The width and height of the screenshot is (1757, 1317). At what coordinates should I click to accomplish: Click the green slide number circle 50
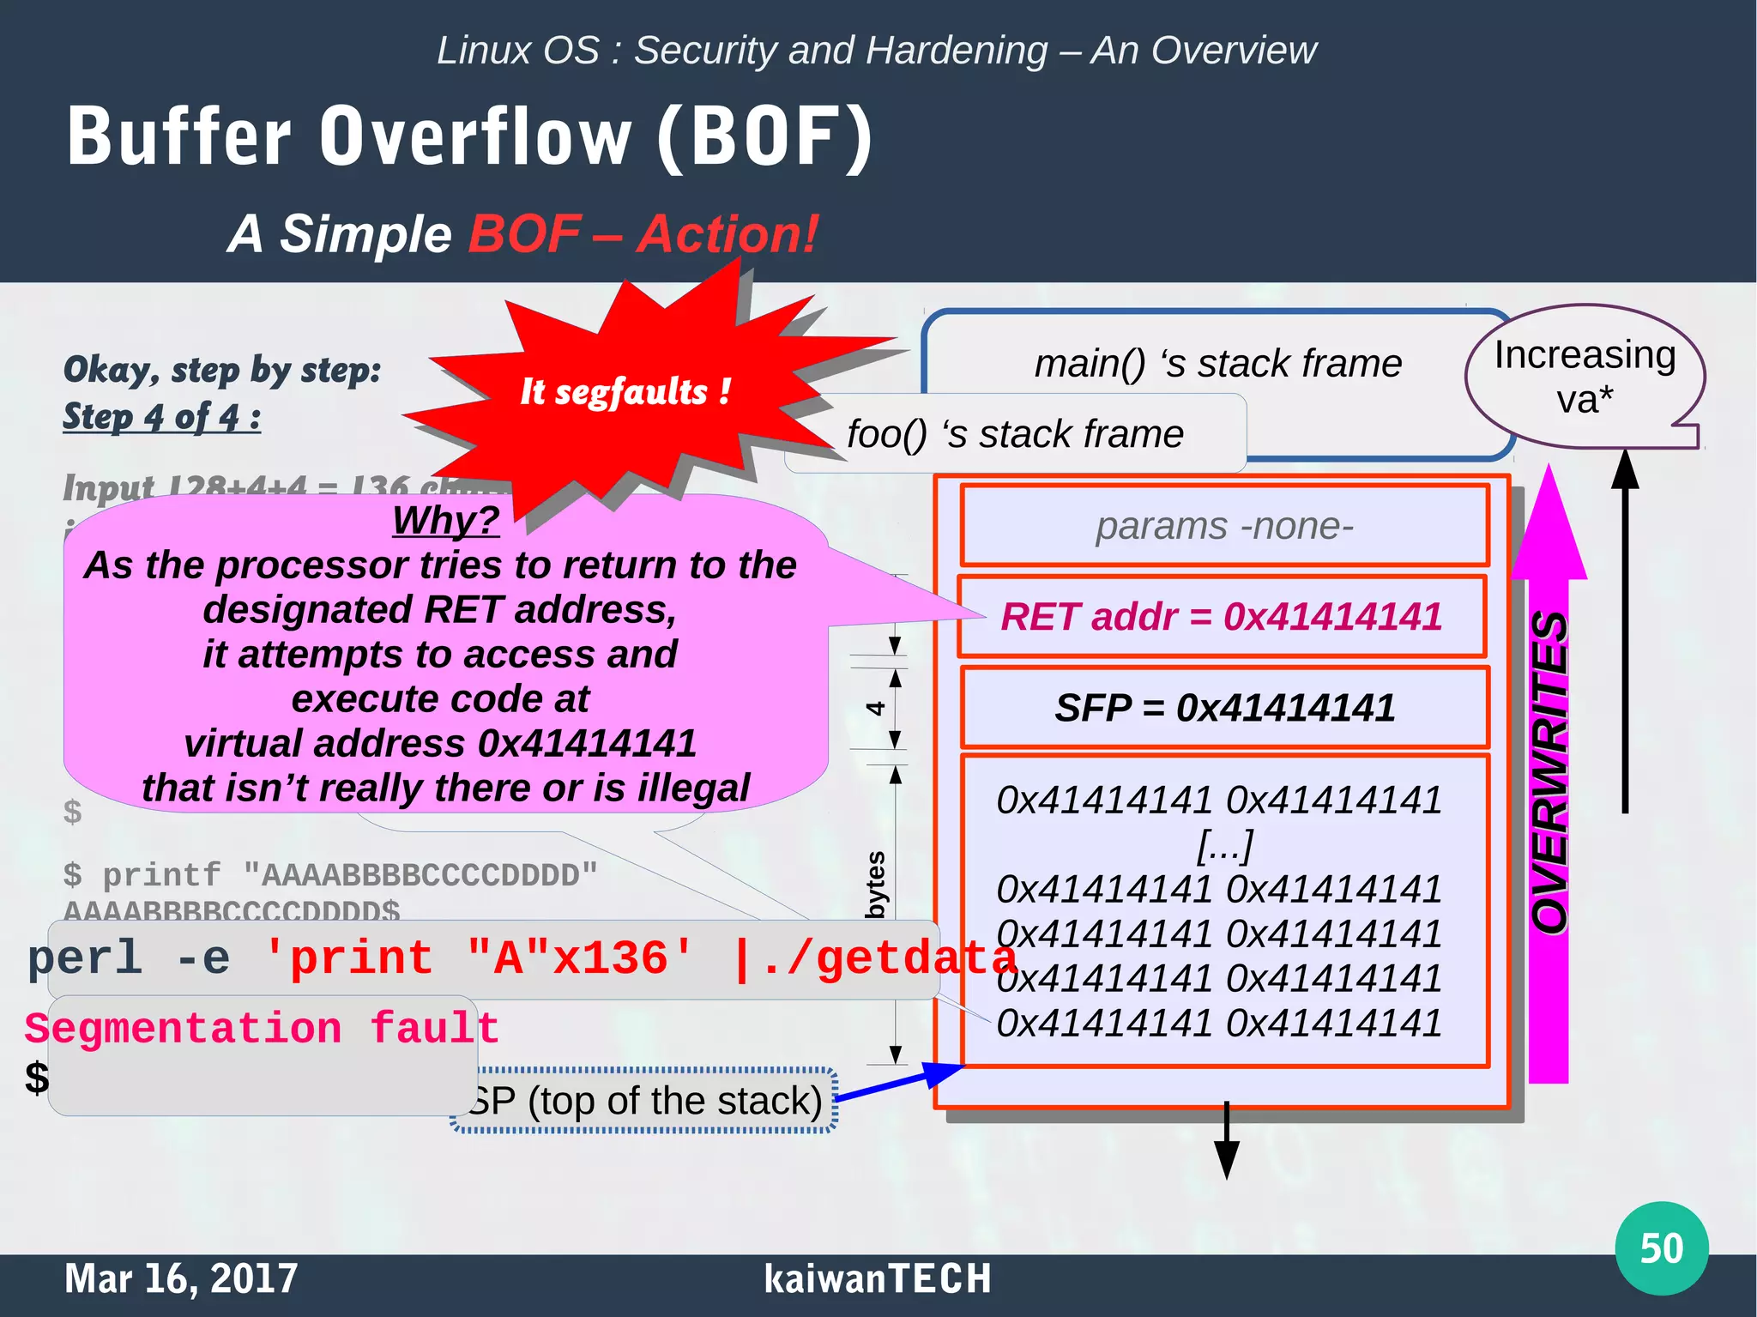(x=1661, y=1248)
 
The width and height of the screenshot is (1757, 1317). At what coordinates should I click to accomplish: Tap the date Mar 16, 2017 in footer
(x=181, y=1278)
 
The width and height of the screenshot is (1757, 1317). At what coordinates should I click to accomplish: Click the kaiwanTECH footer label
(x=877, y=1278)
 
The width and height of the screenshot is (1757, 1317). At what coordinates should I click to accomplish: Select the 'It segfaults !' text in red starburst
(x=625, y=392)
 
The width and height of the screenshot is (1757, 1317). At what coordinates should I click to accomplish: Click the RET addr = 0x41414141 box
(x=1222, y=617)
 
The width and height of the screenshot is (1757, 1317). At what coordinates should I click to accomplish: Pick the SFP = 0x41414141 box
(x=1224, y=708)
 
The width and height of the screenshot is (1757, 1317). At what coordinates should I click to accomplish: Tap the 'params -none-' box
(x=1224, y=526)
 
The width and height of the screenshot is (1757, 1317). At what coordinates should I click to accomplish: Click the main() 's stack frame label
(x=1217, y=364)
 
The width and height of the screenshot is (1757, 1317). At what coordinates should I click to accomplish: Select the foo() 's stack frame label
(x=1015, y=434)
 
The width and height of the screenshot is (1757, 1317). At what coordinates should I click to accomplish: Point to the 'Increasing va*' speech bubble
(x=1585, y=377)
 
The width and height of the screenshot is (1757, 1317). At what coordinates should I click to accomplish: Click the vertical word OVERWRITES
(x=1551, y=772)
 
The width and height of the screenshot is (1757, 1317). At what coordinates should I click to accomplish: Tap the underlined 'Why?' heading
(x=445, y=520)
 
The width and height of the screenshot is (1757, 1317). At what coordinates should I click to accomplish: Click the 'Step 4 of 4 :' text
(x=161, y=417)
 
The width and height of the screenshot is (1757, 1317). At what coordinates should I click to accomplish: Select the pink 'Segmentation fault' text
(x=262, y=1028)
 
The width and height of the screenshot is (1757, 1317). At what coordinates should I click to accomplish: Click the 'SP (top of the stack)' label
(x=648, y=1101)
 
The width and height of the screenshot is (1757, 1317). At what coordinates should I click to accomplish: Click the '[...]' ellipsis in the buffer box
(x=1224, y=845)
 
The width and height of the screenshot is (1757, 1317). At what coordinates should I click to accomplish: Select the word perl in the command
(x=84, y=958)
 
